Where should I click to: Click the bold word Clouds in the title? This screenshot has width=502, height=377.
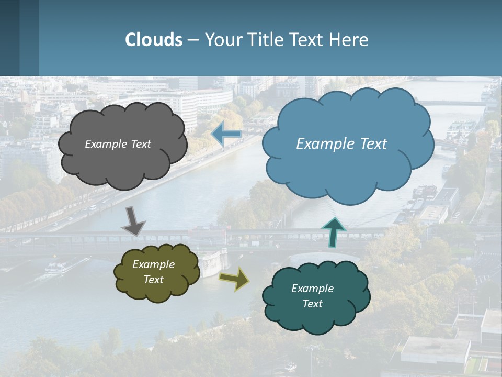click(x=154, y=40)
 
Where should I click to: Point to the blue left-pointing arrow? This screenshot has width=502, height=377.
click(x=226, y=135)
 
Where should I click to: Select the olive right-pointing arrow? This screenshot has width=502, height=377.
click(x=234, y=279)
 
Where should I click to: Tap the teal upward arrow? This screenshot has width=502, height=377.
click(x=334, y=232)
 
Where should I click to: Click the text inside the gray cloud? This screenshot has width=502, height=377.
click(x=118, y=144)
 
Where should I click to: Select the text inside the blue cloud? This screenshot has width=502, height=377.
click(x=341, y=144)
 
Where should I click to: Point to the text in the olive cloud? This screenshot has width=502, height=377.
click(x=153, y=272)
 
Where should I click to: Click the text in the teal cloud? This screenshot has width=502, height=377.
click(x=312, y=296)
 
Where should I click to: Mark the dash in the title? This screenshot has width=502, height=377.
click(x=193, y=40)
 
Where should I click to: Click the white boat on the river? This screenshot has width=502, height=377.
click(x=59, y=268)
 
